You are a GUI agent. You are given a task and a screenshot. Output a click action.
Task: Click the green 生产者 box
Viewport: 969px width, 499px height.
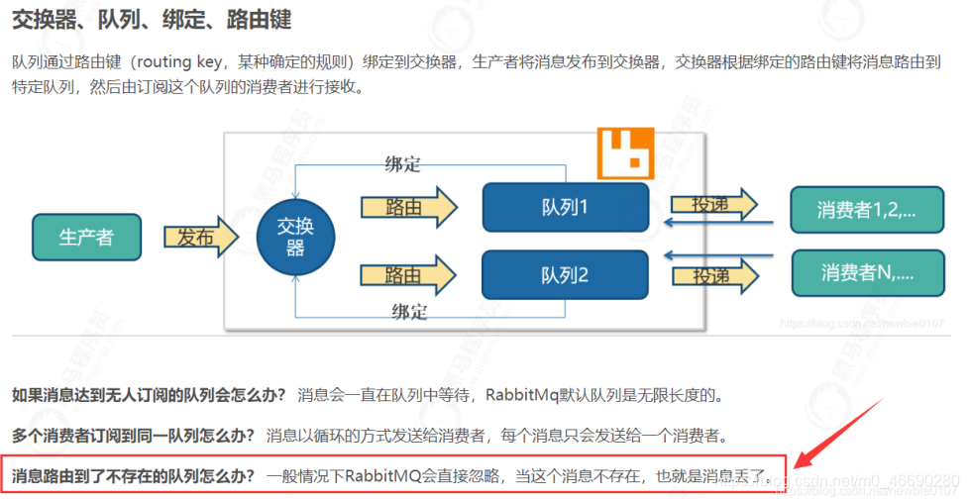[86, 237]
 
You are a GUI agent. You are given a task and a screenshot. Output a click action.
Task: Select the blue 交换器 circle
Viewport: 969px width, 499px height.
[295, 238]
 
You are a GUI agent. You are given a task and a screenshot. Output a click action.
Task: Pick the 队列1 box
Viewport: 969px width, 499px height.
[565, 207]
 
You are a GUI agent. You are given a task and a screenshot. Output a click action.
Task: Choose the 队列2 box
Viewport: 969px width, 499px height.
[565, 275]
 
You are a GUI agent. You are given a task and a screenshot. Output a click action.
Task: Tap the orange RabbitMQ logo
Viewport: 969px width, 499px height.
[627, 150]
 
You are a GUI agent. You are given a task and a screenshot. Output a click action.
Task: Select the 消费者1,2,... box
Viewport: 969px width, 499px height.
[866, 210]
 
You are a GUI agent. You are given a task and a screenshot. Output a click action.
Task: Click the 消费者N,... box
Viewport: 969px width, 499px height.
[866, 272]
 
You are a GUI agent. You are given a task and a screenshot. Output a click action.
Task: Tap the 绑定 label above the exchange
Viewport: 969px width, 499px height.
[402, 163]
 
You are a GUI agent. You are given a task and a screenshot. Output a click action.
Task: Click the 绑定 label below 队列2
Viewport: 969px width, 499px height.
[408, 312]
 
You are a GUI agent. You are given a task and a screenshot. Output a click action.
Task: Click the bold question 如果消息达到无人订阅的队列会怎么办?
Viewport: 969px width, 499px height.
[149, 395]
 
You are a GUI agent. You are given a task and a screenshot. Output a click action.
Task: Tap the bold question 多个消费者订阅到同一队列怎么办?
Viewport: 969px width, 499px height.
[134, 435]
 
